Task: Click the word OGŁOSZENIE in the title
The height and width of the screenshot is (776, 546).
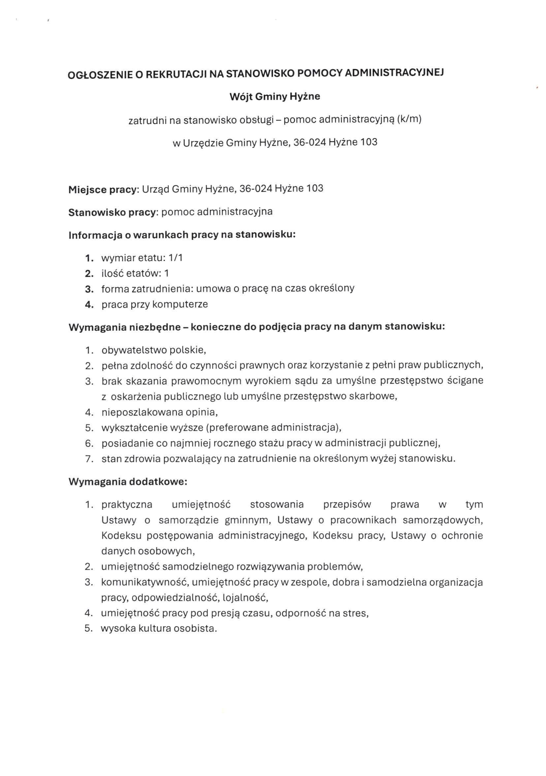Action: tap(100, 75)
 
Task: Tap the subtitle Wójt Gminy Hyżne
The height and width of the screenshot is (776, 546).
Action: tap(274, 97)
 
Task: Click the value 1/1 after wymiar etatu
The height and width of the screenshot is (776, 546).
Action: tap(176, 258)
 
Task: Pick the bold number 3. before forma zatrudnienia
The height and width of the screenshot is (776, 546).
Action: tap(89, 289)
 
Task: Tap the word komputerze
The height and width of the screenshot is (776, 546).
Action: tap(180, 304)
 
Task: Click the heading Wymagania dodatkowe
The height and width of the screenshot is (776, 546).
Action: tap(128, 482)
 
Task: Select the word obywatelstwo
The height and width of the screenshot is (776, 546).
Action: tap(134, 350)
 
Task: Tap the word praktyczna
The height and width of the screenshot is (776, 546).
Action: tap(127, 505)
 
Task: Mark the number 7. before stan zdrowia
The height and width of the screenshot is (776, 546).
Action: tap(89, 459)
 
